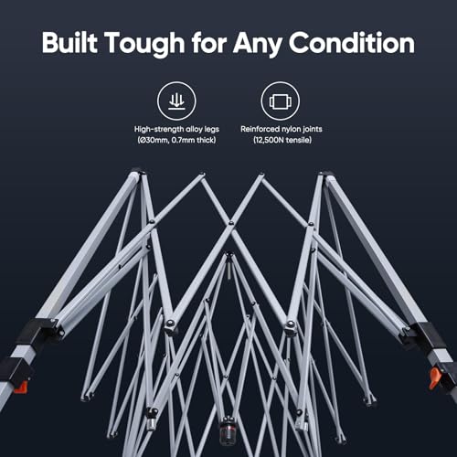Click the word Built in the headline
coord(69,42)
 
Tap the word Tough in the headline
coord(145,44)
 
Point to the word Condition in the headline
coord(352,42)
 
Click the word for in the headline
coord(209,42)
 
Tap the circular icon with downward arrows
coord(176,101)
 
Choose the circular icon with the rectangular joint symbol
coord(281,101)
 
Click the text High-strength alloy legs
coord(176,129)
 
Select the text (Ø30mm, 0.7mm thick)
coord(176,140)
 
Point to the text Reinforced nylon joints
coord(282,129)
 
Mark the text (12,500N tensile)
coord(282,140)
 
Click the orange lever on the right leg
coord(434,377)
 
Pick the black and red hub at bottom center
coord(227,430)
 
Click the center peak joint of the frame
coord(228,253)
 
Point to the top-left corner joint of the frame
coord(138,173)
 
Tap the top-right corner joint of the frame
coord(324,175)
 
